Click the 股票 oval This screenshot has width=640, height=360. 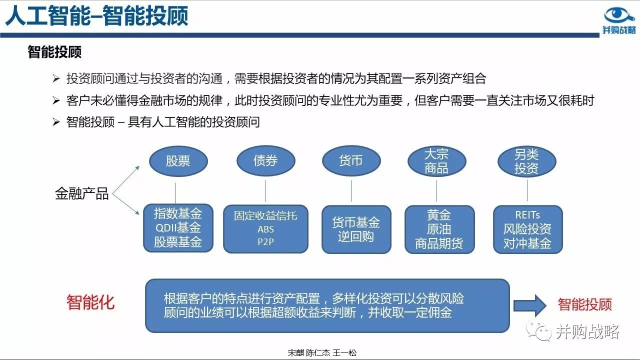pyautogui.click(x=178, y=161)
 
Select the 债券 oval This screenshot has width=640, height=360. pyautogui.click(x=266, y=161)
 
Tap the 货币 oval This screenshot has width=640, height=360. pyautogui.click(x=351, y=161)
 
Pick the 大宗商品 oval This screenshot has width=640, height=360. pyautogui.click(x=437, y=161)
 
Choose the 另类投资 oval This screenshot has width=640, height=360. pyautogui.click(x=527, y=161)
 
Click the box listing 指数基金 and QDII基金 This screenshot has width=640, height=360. pyautogui.click(x=178, y=228)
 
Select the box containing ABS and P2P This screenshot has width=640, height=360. pyautogui.click(x=265, y=229)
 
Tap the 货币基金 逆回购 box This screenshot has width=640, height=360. pyautogui.click(x=356, y=229)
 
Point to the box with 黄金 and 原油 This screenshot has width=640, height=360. pyautogui.click(x=439, y=229)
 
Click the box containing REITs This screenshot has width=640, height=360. pyautogui.click(x=528, y=229)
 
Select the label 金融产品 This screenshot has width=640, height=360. pyautogui.click(x=82, y=193)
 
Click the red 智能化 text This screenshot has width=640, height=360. pyautogui.click(x=90, y=302)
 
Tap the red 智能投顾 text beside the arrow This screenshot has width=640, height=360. pyautogui.click(x=585, y=304)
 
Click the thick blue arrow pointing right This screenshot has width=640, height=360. pyautogui.click(x=530, y=305)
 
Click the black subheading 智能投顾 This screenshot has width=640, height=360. pyautogui.click(x=54, y=52)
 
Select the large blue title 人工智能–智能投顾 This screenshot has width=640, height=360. pyautogui.click(x=96, y=16)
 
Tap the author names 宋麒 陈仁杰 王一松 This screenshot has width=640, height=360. pyautogui.click(x=322, y=353)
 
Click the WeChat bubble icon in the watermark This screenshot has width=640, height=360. pyautogui.click(x=538, y=330)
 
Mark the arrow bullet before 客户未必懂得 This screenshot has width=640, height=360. pyautogui.click(x=56, y=100)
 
